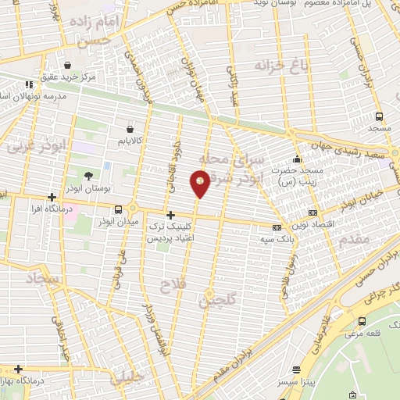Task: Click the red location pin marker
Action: click(200, 184)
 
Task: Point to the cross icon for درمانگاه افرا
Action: click(52, 198)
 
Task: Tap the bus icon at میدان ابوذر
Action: click(118, 209)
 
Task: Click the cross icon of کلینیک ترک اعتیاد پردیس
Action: click(170, 213)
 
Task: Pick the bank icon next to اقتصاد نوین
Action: click(312, 212)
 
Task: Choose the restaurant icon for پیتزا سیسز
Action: click(296, 370)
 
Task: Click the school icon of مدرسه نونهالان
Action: click(29, 84)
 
